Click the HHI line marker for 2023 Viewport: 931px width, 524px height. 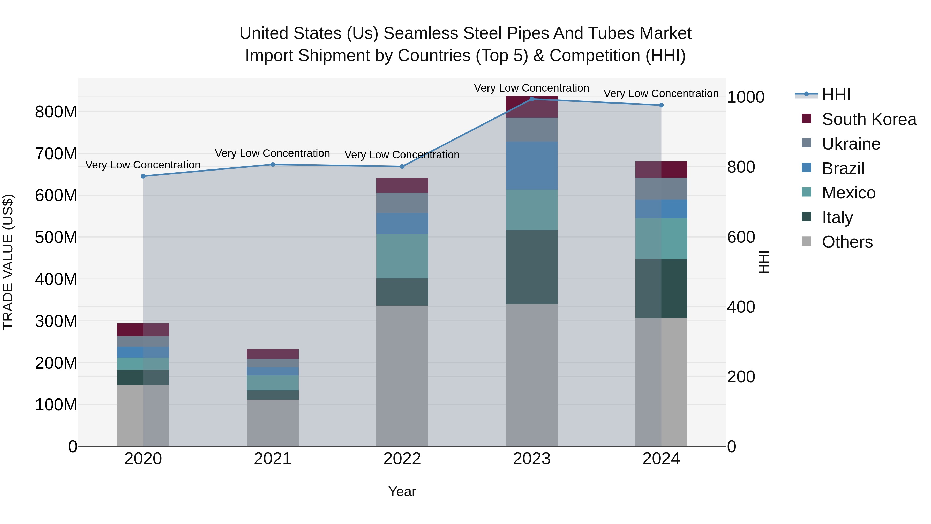click(532, 99)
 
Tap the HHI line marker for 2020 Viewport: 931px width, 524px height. click(143, 176)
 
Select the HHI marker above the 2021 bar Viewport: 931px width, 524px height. click(273, 165)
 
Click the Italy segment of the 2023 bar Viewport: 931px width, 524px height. click(532, 267)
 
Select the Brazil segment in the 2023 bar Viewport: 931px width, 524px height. click(532, 166)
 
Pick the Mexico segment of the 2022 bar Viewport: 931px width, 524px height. click(402, 256)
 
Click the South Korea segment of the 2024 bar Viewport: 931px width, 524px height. click(661, 169)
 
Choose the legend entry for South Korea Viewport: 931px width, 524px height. click(869, 119)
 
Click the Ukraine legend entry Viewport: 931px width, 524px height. click(851, 144)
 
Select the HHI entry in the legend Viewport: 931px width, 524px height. click(836, 95)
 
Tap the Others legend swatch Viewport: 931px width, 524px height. click(806, 241)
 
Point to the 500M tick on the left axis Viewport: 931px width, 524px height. click(56, 238)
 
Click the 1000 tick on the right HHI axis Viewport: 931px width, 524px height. click(746, 97)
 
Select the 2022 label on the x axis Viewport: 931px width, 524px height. click(402, 459)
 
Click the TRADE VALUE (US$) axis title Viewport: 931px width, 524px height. click(8, 262)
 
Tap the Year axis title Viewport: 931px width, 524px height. click(402, 491)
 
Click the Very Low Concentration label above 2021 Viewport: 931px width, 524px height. click(273, 153)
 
